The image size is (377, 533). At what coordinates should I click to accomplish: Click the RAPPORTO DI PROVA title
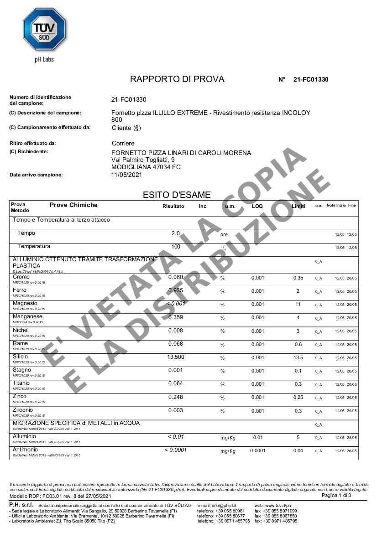177,79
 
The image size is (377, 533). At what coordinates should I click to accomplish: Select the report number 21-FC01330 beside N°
311,79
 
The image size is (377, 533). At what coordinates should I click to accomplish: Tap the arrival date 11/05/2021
127,175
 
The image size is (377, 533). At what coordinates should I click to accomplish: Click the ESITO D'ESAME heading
177,195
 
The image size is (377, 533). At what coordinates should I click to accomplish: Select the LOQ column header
257,206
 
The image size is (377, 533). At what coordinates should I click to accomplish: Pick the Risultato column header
173,206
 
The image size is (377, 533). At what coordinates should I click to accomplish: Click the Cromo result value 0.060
175,277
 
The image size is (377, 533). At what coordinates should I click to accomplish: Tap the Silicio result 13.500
175,357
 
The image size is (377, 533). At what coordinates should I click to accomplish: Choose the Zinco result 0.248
175,397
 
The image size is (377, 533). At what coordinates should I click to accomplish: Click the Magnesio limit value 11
298,304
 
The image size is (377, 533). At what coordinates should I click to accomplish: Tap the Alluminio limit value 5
298,438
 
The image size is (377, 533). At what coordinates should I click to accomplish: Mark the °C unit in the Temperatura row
223,247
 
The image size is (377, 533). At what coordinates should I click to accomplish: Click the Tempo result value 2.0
175,233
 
